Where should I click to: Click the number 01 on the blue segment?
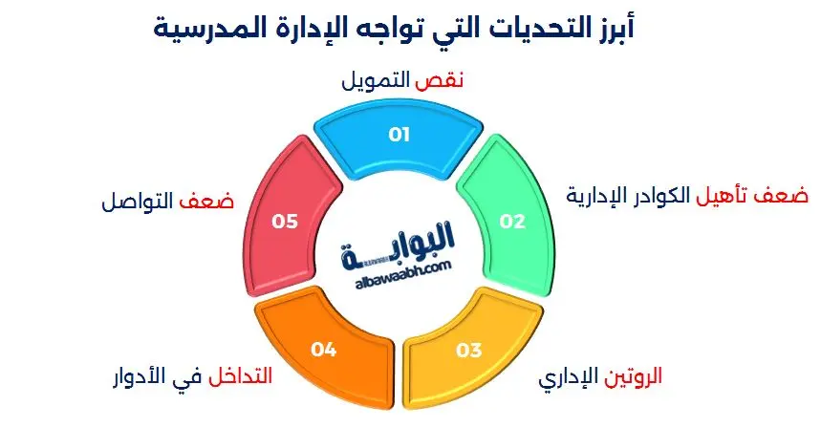399,135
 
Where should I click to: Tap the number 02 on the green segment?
513,221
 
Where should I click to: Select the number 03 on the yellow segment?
468,351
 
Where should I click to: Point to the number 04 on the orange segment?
324,351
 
